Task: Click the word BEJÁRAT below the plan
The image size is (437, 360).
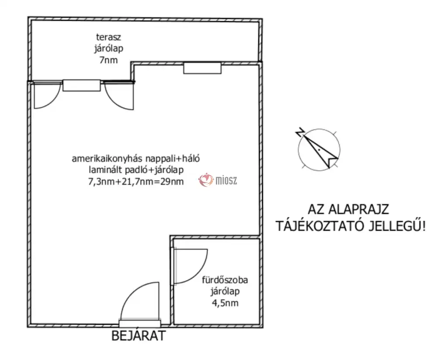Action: point(139,336)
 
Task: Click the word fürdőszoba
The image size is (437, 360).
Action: point(225,280)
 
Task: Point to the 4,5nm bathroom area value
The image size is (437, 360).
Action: point(225,303)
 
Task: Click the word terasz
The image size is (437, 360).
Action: point(108,37)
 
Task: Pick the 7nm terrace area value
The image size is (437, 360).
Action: point(108,60)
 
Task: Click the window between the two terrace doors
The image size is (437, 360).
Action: point(82,85)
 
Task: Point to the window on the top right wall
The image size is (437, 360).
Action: point(202,68)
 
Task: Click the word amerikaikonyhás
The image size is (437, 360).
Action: point(108,159)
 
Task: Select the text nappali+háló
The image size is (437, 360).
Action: point(173,159)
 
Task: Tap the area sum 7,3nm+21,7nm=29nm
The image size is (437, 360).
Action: point(136,182)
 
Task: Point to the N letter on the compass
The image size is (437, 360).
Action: point(300,132)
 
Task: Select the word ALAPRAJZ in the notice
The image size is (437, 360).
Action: point(359,209)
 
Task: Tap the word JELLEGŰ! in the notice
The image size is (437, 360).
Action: point(397,226)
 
